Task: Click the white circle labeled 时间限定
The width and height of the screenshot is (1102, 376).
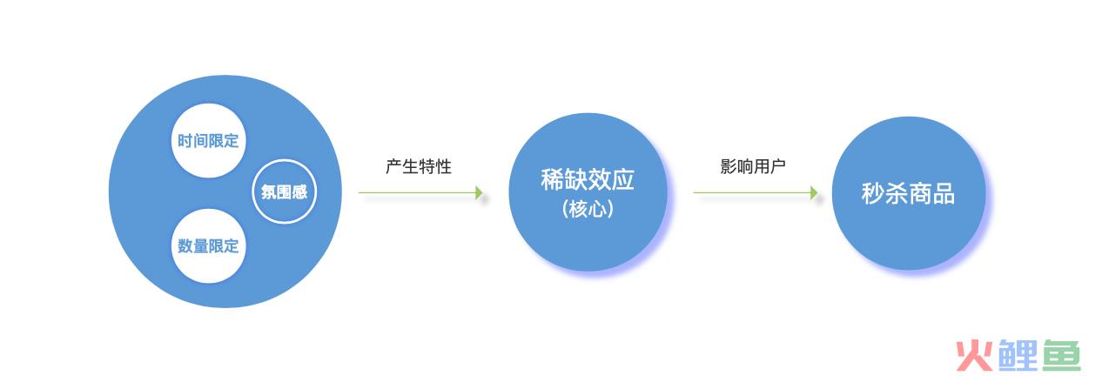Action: click(208, 140)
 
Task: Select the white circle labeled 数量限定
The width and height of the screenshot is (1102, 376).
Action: click(208, 245)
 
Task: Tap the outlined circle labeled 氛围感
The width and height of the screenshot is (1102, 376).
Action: click(285, 191)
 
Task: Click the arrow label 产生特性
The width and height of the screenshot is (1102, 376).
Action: click(418, 166)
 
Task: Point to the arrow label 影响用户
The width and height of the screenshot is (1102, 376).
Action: click(753, 166)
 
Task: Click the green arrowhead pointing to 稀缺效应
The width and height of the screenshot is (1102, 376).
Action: click(479, 192)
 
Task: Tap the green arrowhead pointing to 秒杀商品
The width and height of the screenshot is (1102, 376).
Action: click(814, 192)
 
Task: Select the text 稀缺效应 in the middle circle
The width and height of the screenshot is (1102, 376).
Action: click(588, 179)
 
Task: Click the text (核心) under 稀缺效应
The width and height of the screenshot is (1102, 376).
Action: click(588, 209)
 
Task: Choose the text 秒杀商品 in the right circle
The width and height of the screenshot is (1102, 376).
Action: click(908, 193)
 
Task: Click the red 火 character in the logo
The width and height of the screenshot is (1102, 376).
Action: click(974, 355)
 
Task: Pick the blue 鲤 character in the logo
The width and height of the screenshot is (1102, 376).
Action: click(1018, 355)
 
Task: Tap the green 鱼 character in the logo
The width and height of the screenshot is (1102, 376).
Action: click(1061, 355)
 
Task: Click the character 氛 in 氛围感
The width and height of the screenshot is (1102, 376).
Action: click(269, 192)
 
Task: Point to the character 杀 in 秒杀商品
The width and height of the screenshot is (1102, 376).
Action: click(897, 193)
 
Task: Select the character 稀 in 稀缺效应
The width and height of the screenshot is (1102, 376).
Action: click(552, 179)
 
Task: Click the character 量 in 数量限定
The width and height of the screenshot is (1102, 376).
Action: click(200, 245)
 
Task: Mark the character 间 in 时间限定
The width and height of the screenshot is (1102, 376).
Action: click(200, 141)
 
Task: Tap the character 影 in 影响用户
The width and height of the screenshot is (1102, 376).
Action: click(728, 166)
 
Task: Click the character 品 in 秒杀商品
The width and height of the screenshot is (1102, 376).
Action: click(944, 193)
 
